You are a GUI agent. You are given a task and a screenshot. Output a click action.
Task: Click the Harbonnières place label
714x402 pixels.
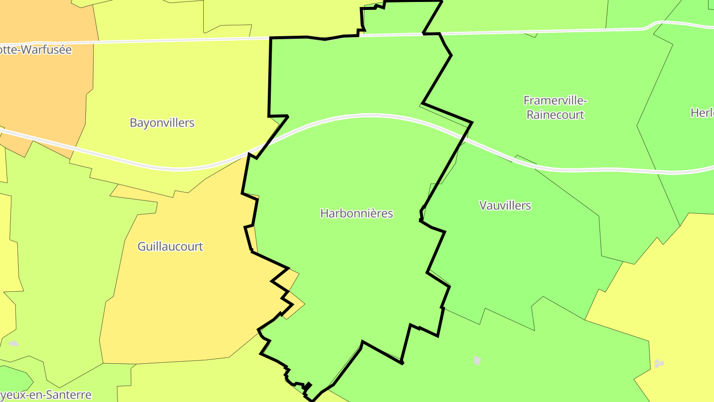[357, 213]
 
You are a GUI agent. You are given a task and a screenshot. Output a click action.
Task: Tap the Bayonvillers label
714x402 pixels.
[162, 123]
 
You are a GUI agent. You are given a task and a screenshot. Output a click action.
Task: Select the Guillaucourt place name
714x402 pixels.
[170, 246]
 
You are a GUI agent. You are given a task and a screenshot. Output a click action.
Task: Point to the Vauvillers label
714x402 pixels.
[505, 205]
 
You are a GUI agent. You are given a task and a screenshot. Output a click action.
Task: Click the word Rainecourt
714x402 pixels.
[555, 115]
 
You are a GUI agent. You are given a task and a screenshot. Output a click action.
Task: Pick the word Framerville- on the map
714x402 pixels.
[555, 101]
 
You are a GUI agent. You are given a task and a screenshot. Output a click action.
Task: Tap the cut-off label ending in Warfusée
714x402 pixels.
[36, 50]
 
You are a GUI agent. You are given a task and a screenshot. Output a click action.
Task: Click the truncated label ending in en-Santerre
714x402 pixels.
[46, 395]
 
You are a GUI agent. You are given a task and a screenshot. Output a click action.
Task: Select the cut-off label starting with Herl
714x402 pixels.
[702, 113]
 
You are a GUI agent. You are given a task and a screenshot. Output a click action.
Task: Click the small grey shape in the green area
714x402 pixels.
[477, 360]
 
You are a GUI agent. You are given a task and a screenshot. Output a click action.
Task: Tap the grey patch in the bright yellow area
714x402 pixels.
[659, 364]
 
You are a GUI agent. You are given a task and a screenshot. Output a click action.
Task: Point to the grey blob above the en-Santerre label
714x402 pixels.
[13, 343]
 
